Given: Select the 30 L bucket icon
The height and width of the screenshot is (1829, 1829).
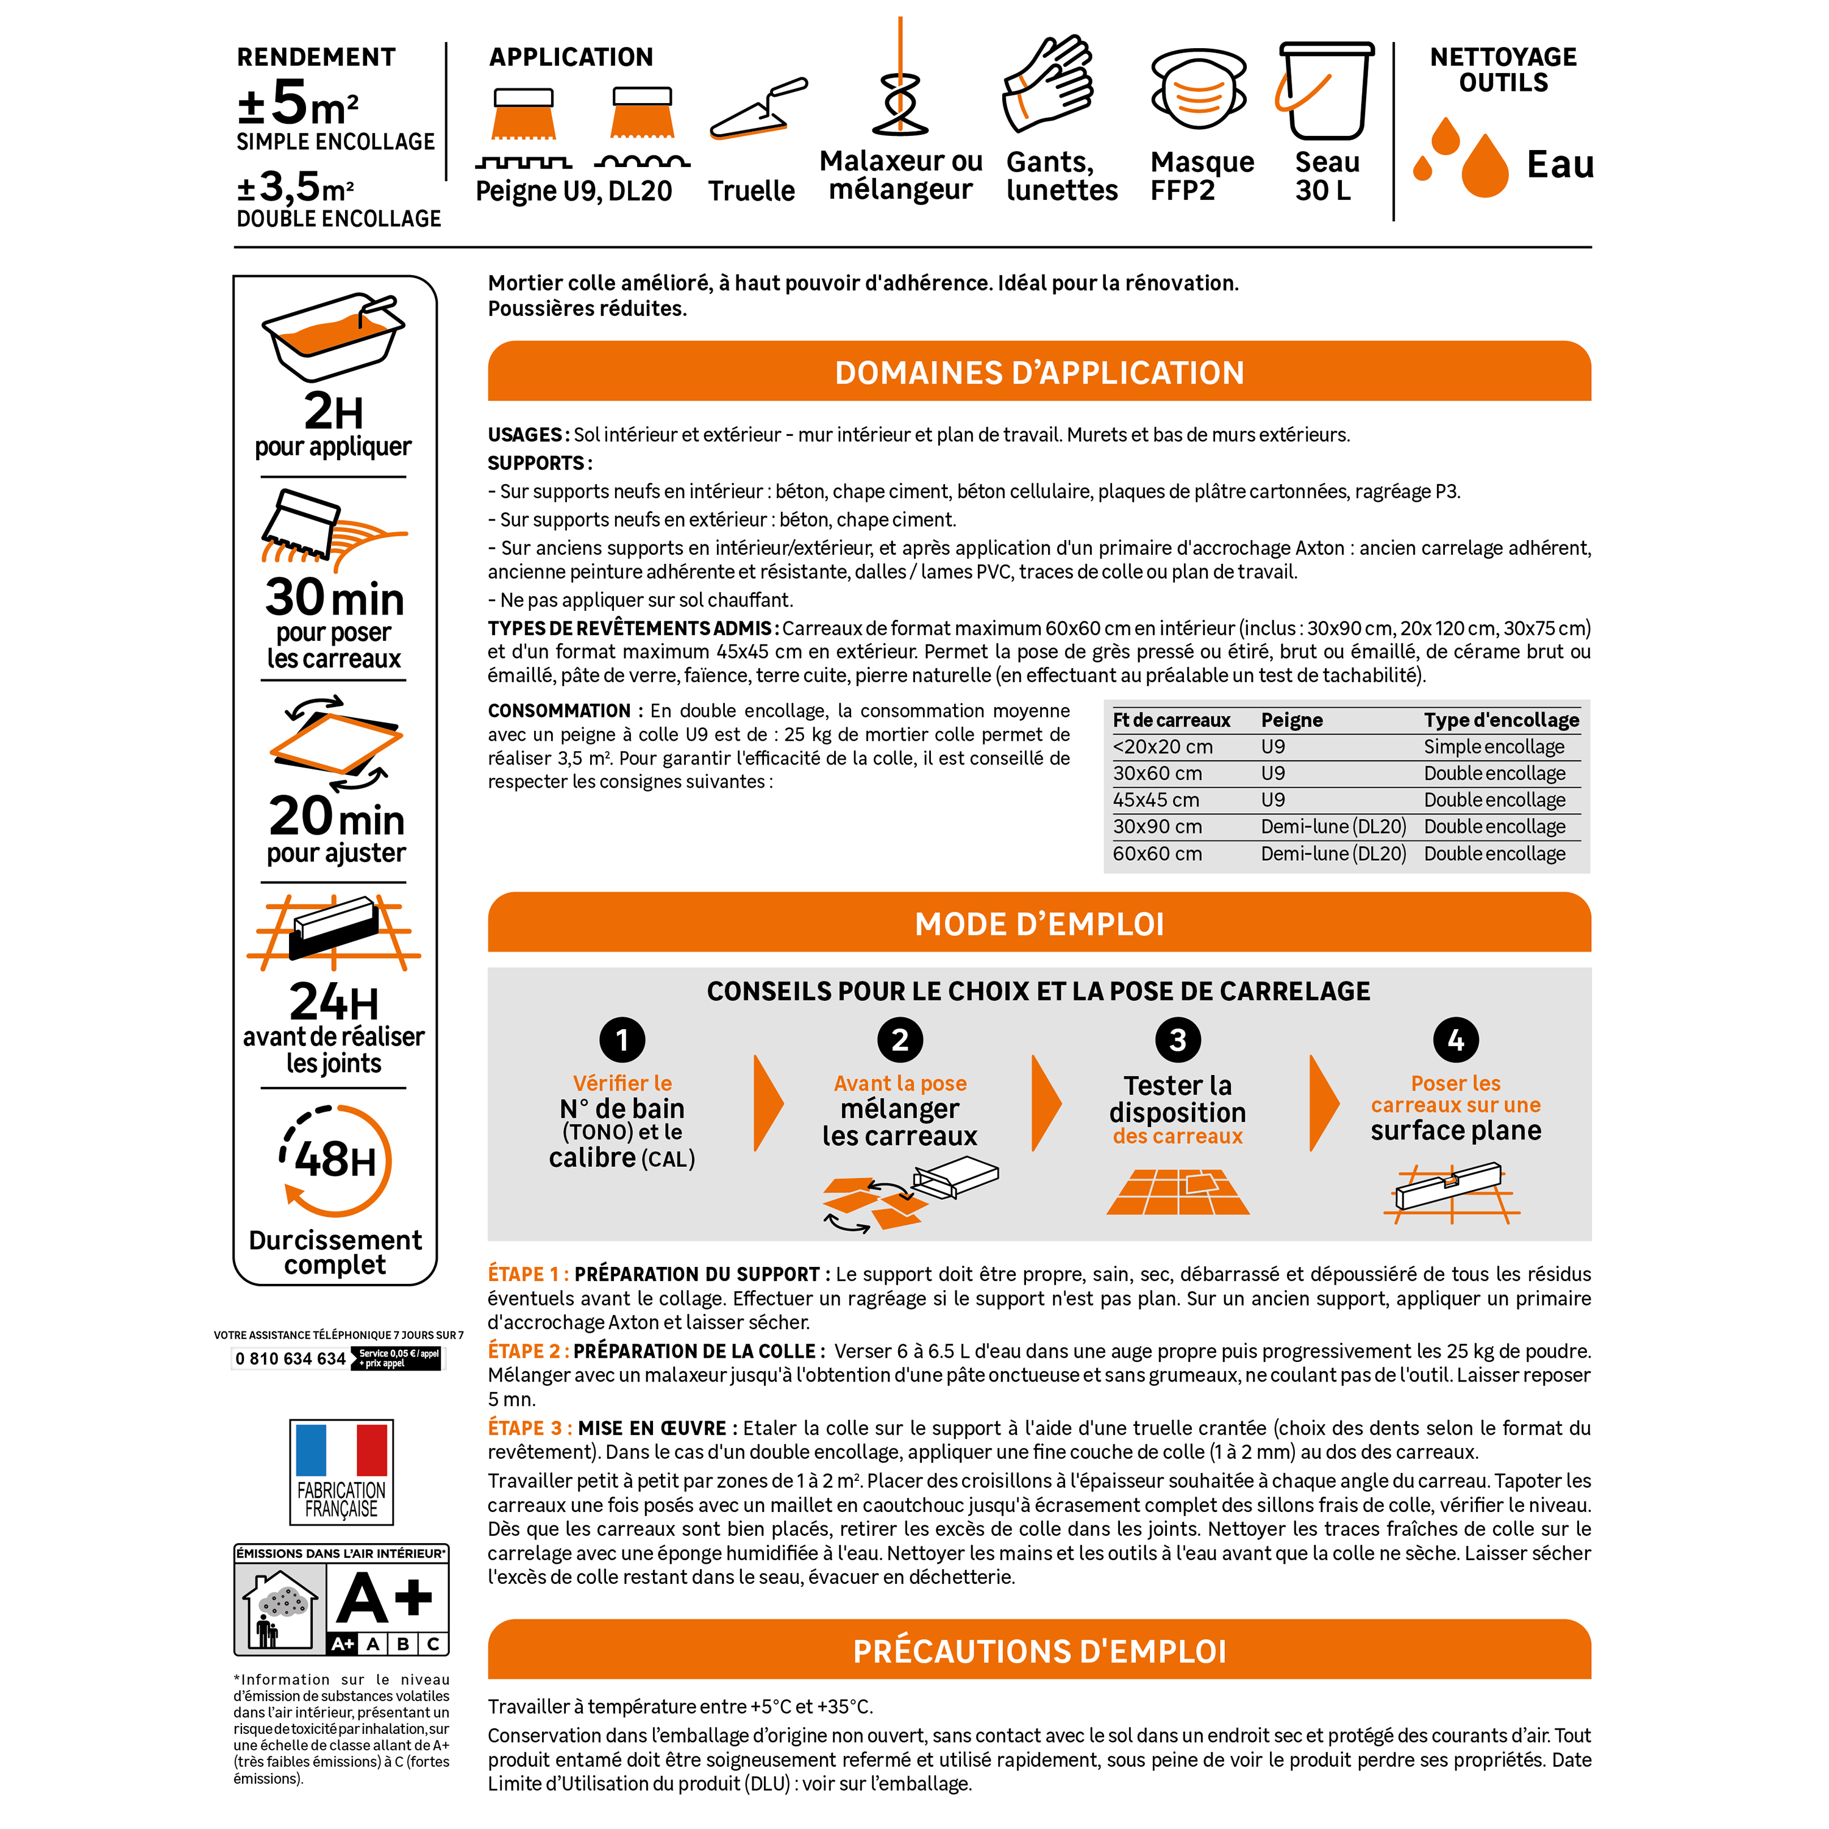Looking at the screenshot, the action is (x=1324, y=90).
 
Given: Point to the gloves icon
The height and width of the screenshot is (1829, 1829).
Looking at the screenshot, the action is (x=1048, y=84).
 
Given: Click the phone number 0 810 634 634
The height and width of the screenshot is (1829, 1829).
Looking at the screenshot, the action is (x=291, y=1358).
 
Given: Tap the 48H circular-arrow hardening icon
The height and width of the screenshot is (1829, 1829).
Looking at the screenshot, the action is (x=336, y=1160).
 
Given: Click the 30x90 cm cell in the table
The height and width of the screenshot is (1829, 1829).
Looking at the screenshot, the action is (x=1157, y=827).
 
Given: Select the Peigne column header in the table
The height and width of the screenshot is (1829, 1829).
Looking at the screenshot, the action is (x=1291, y=721).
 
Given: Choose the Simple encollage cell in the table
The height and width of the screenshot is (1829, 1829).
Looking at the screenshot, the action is (x=1494, y=747).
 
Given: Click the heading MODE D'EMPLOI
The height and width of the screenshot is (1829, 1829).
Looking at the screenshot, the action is (x=1039, y=924).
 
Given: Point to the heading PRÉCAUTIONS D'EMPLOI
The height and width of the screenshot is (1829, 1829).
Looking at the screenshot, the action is (x=1039, y=1651).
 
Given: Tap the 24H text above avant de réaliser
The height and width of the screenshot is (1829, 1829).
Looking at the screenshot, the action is (x=333, y=1002).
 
